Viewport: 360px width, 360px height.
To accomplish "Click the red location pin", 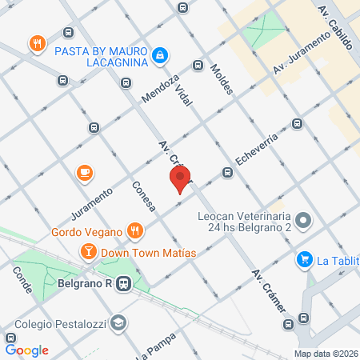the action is (x=180, y=178).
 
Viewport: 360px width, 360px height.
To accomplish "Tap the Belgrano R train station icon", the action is (x=124, y=283).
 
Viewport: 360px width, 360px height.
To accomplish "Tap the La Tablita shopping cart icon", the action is (x=304, y=259).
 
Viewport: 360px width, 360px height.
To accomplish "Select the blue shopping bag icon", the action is (x=161, y=54).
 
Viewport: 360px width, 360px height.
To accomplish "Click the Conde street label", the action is (x=21, y=278).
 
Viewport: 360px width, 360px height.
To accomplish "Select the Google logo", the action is (x=26, y=350).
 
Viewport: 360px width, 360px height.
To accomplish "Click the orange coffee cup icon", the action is (x=84, y=173).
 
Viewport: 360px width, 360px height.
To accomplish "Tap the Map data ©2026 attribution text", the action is (x=325, y=354).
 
